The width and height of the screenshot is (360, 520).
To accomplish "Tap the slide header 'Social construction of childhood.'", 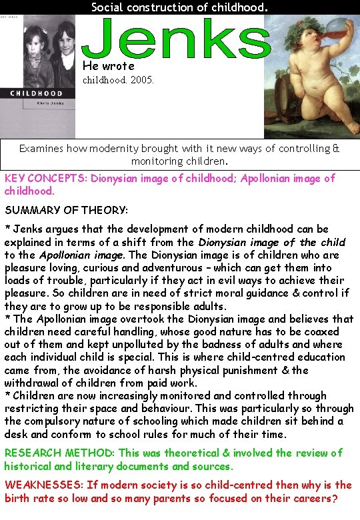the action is pyautogui.click(x=179, y=8).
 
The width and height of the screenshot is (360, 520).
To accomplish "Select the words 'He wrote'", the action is pyautogui.click(x=108, y=66).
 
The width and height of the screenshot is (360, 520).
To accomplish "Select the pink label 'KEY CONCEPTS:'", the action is pyautogui.click(x=46, y=179).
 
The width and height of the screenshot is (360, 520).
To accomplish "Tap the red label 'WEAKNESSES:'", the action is pyautogui.click(x=41, y=485).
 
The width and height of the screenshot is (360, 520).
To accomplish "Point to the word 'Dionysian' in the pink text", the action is pyautogui.click(x=117, y=179).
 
